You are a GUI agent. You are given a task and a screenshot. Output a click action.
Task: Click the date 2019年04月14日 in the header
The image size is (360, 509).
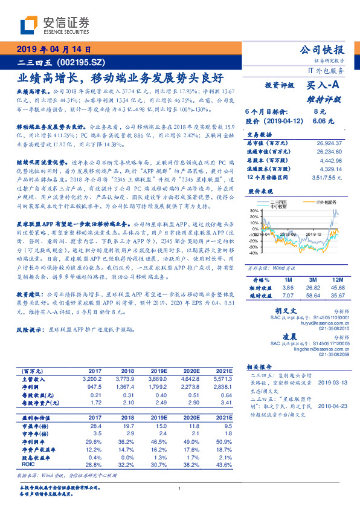(x=53, y=49)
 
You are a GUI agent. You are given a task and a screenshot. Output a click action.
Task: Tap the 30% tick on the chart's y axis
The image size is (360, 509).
(x=253, y=211)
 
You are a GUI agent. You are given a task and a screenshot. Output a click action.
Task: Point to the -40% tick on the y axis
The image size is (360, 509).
(x=252, y=253)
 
